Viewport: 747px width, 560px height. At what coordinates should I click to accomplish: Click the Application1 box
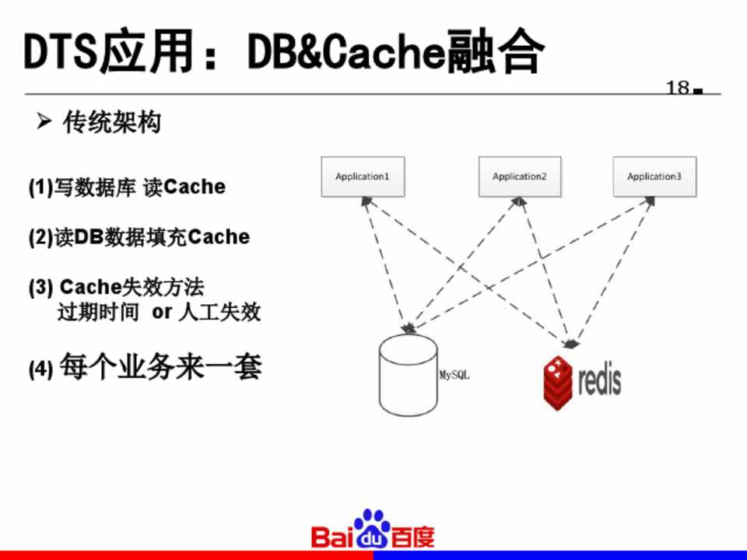(x=363, y=177)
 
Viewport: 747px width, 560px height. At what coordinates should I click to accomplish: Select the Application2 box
(x=519, y=177)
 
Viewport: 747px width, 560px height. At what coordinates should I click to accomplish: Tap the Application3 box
(x=654, y=177)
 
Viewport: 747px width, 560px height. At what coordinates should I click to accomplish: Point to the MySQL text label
(x=455, y=375)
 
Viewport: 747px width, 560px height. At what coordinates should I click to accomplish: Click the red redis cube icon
(x=558, y=382)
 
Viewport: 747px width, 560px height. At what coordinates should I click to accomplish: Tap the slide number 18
(x=678, y=87)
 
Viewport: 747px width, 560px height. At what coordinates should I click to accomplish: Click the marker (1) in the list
(x=40, y=187)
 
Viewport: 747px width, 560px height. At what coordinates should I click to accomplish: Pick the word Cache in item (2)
(x=219, y=237)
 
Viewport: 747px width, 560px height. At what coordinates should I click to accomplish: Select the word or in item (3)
(x=161, y=313)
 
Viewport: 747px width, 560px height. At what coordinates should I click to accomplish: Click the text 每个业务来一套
(x=160, y=366)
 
